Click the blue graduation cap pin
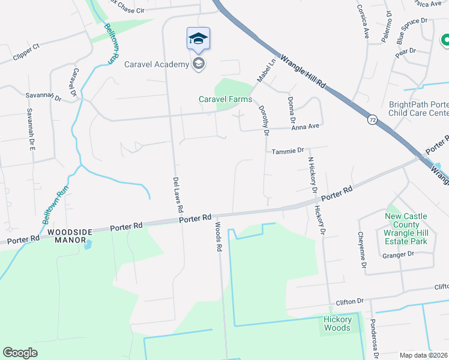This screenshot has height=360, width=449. click(x=198, y=39)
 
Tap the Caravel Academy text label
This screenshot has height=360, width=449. click(x=157, y=64)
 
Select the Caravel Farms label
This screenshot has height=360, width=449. click(x=225, y=99)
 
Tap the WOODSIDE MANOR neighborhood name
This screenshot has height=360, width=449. click(x=68, y=236)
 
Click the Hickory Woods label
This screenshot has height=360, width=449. click(x=337, y=323)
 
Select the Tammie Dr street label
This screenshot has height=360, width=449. click(x=288, y=152)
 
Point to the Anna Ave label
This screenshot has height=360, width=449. click(x=304, y=127)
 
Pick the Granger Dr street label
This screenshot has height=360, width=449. click(x=398, y=254)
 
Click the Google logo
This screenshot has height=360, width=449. click(x=20, y=353)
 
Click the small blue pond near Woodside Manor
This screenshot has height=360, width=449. click(x=89, y=244)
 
